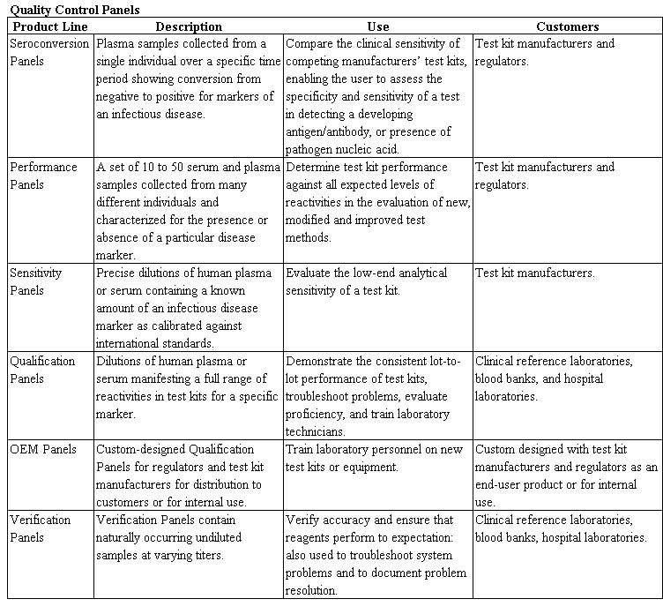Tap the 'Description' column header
(189, 26)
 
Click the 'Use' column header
(377, 26)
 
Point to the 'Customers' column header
(567, 26)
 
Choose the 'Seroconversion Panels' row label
(49, 52)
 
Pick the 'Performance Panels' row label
(43, 176)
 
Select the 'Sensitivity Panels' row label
(41, 281)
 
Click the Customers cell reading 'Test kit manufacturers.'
(535, 273)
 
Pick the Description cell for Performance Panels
(188, 211)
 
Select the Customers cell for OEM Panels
(566, 475)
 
